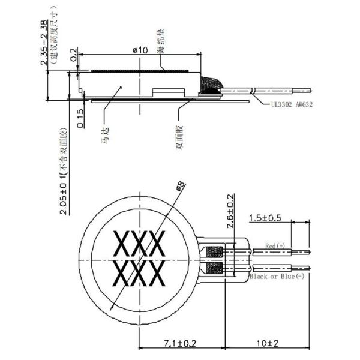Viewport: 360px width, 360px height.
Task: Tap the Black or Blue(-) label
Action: pyautogui.click(x=275, y=276)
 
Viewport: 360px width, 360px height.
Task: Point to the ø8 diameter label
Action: pyautogui.click(x=179, y=187)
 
